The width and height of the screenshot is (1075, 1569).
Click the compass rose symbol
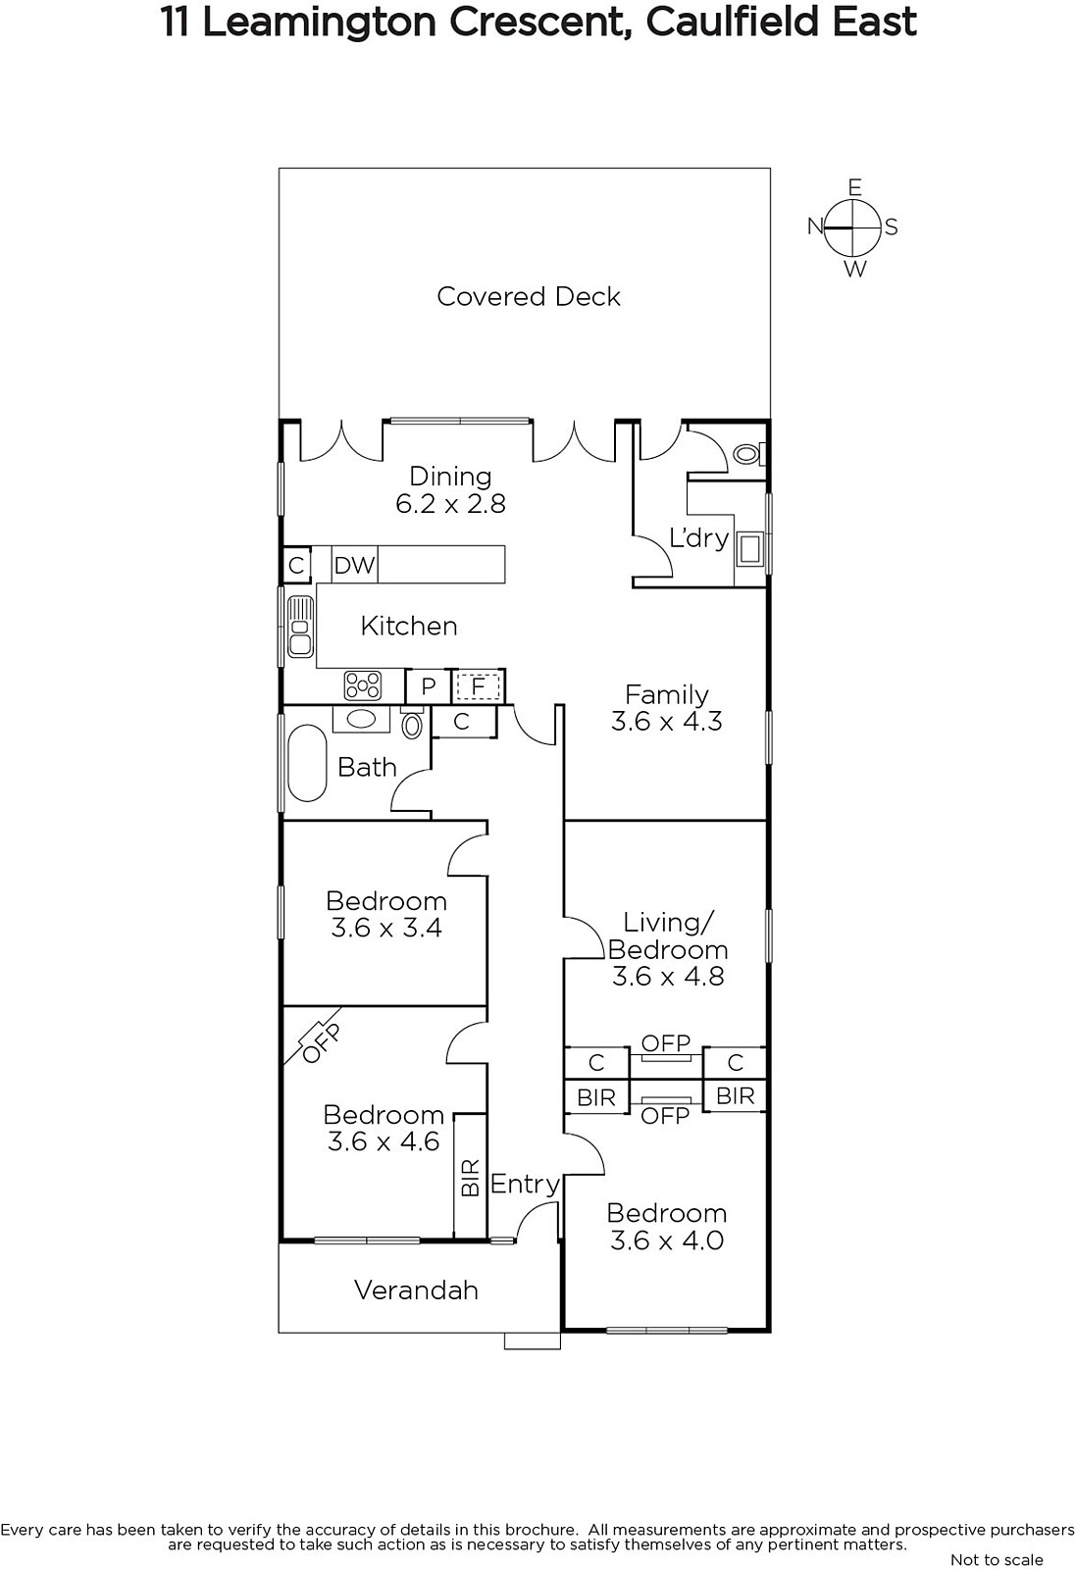coord(853,228)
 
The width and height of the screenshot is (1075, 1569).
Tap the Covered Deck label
coord(529,296)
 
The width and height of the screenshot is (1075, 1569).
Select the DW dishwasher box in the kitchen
coord(355,565)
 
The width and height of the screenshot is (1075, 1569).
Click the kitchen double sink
coord(300,627)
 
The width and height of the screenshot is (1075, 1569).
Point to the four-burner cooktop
coord(363,685)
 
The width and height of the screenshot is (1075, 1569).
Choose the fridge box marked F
coord(478,686)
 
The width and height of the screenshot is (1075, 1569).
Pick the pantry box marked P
coord(429,686)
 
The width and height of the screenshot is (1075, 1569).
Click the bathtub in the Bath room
coord(307,764)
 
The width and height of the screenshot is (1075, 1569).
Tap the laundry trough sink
coord(749,549)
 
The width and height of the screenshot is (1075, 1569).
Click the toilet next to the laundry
coord(749,454)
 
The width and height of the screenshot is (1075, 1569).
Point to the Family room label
coord(666,694)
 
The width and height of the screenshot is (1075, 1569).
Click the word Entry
coord(525,1185)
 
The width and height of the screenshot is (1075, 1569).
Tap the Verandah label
coord(416,1291)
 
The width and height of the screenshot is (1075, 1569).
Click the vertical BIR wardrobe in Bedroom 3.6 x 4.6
coord(470,1176)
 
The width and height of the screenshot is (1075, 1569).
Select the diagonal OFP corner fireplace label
coord(321,1043)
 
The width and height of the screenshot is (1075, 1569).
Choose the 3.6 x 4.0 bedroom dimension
coord(666,1240)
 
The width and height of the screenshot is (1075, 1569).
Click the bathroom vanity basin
coord(361,720)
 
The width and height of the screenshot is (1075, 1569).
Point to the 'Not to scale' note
coord(997,1559)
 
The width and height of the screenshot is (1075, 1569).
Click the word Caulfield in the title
coord(733,22)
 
